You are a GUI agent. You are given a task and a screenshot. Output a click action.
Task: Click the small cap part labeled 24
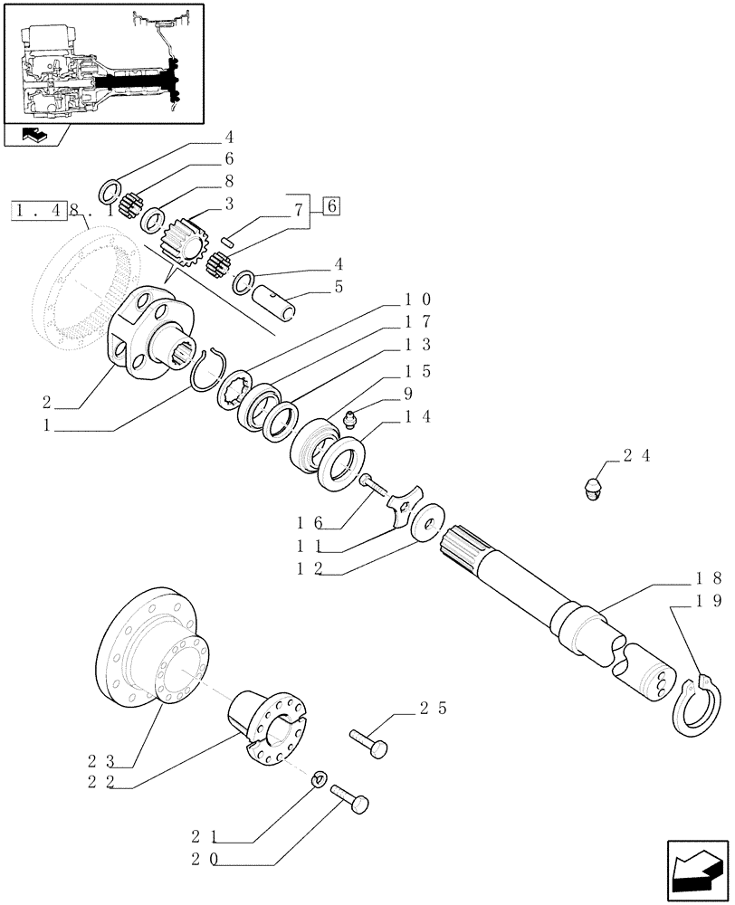click(591, 490)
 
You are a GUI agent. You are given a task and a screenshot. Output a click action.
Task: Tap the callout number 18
click(709, 577)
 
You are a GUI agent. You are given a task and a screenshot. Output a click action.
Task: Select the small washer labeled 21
click(320, 778)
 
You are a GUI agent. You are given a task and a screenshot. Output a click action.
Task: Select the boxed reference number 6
click(331, 206)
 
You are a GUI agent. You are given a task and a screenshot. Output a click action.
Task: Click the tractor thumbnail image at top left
click(102, 62)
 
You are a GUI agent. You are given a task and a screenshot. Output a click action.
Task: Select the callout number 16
click(306, 522)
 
